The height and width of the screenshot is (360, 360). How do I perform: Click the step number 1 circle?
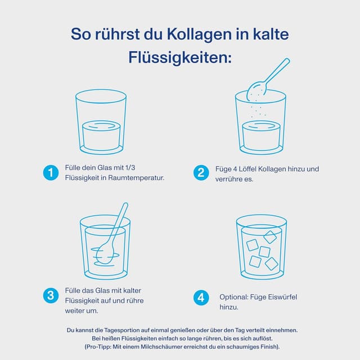(x=51, y=173)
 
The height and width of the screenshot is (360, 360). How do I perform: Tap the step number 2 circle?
(x=201, y=173)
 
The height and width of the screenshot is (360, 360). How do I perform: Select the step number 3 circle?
(x=51, y=295)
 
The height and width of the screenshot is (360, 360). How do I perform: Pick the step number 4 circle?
(x=201, y=298)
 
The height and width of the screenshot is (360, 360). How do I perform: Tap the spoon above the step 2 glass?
(x=267, y=78)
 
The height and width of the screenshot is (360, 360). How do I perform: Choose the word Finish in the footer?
(x=266, y=346)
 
